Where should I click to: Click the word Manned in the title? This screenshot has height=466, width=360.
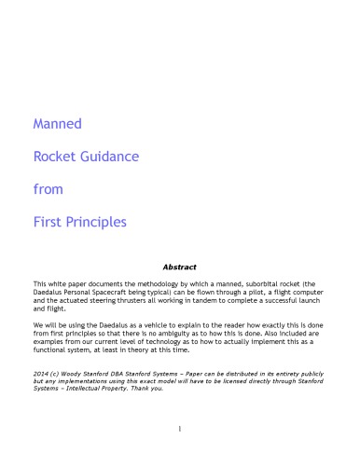click(x=58, y=123)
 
